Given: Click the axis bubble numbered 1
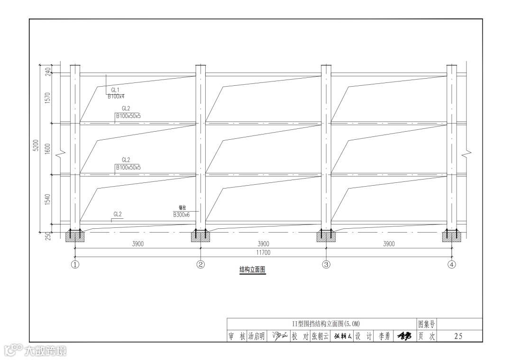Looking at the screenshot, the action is (x=75, y=264).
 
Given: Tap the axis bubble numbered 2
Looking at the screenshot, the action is (x=201, y=264).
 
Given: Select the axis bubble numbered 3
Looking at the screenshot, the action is (x=326, y=264).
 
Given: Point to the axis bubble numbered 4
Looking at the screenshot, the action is (x=452, y=264).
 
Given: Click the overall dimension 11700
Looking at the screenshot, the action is (x=263, y=252).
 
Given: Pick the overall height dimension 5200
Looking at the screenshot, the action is (x=42, y=145).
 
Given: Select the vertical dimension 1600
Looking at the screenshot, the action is (x=47, y=149).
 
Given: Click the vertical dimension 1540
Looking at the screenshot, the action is (x=47, y=199).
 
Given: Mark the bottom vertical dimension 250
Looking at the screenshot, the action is (x=47, y=236).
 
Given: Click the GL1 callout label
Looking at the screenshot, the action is (x=115, y=90).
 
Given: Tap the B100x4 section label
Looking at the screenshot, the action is (x=116, y=96).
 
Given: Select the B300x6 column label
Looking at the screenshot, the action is (x=182, y=215).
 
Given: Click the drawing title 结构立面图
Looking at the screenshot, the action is (x=252, y=270).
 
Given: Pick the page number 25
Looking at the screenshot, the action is (x=458, y=336).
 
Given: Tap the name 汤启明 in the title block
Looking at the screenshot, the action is (x=256, y=336).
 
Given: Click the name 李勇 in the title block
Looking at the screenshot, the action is (x=384, y=336).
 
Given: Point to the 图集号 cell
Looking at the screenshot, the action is (x=426, y=324).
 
